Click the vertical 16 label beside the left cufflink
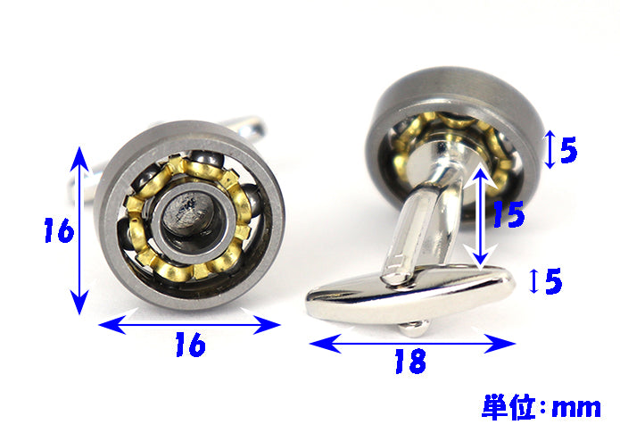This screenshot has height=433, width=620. [59, 230]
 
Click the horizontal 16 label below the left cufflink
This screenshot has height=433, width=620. [191, 345]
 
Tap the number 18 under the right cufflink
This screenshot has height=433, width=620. [410, 361]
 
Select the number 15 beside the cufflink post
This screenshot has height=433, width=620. [508, 213]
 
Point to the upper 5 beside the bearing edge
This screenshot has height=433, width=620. [568, 150]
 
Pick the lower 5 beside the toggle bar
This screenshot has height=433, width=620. [554, 280]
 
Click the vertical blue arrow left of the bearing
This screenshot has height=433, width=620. [79, 230]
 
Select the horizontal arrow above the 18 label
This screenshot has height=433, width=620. [412, 343]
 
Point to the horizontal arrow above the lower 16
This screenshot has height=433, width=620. [189, 325]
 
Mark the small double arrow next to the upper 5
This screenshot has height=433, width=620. [550, 150]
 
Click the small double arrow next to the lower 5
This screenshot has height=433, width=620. [533, 280]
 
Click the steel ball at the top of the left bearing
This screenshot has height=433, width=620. [206, 161]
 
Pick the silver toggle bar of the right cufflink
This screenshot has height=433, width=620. [410, 294]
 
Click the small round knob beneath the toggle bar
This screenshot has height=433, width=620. [414, 329]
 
